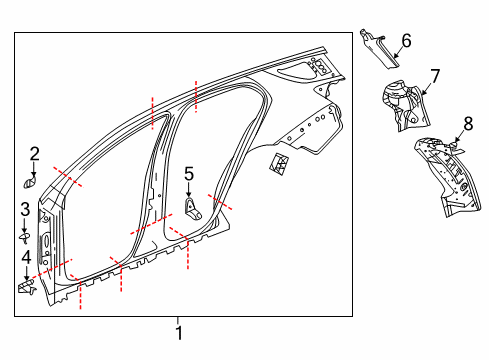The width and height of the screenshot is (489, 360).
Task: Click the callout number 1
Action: click(x=179, y=333)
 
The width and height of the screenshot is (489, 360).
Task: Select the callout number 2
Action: click(x=33, y=153)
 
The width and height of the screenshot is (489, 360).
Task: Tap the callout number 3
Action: click(x=25, y=209)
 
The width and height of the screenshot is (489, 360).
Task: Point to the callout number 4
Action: click(x=25, y=260)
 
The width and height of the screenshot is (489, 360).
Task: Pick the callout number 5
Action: click(x=188, y=174)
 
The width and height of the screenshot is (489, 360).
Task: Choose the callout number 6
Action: click(x=406, y=41)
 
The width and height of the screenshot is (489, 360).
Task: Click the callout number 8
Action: click(x=467, y=124)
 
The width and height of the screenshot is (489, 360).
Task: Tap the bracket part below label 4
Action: click(x=25, y=288)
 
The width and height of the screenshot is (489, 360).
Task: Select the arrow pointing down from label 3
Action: click(x=25, y=224)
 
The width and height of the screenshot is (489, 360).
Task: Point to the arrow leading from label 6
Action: click(x=393, y=42)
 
